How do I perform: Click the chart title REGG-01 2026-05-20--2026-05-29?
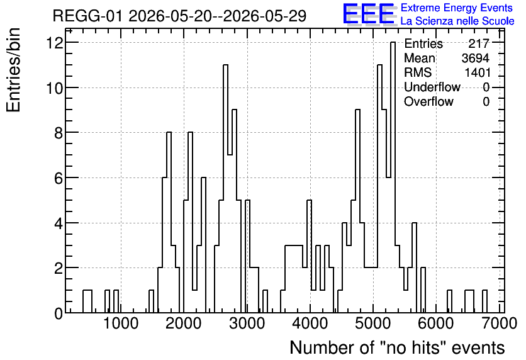[x=179, y=16]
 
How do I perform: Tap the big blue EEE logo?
[x=369, y=14]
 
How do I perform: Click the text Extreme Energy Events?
[x=457, y=8]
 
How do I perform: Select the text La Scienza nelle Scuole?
[x=457, y=21]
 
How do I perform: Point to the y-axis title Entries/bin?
[x=13, y=70]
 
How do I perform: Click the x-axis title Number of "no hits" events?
[x=397, y=347]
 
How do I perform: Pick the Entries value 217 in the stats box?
[x=479, y=43]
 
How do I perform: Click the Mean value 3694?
[x=475, y=58]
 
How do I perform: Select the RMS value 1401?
[x=478, y=72]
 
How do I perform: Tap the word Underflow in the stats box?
[x=432, y=87]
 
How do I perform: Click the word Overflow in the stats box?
[x=428, y=101]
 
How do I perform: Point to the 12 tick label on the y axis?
[x=55, y=43]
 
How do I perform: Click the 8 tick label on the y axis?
[x=59, y=133]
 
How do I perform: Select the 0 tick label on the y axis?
[x=59, y=313]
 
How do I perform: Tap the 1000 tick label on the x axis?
[x=121, y=323]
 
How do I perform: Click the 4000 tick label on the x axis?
[x=310, y=323]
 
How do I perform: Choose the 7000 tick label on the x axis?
[x=499, y=323]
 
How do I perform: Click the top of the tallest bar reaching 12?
[x=393, y=42]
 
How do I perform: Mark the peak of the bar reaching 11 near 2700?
[x=225, y=65]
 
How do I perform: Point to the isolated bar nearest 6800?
[x=484, y=301]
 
